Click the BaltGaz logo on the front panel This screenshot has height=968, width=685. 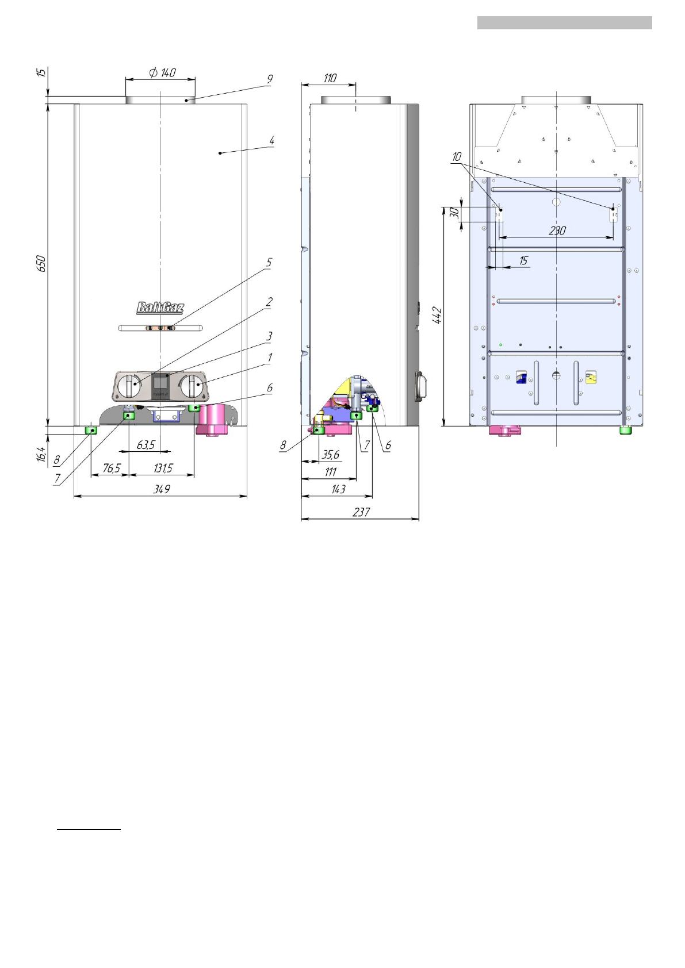coord(160,308)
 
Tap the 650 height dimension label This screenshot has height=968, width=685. coord(41,264)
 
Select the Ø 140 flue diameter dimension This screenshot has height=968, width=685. coord(163,72)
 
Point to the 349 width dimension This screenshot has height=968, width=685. coord(162,489)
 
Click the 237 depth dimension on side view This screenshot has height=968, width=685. coord(361,512)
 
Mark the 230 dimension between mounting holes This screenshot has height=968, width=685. coord(557,231)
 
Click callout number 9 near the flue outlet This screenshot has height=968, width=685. coord(269,79)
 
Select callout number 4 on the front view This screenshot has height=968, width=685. coord(271,140)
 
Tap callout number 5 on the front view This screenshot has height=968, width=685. coord(269,262)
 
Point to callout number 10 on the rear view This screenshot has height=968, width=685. coord(457,156)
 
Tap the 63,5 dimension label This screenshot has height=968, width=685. coord(146,445)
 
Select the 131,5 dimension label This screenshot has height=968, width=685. coord(163,468)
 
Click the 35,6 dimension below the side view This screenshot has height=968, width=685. coord(330,454)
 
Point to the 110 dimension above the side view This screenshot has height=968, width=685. coord(330,78)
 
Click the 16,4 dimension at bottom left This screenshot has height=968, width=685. coord(41,454)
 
